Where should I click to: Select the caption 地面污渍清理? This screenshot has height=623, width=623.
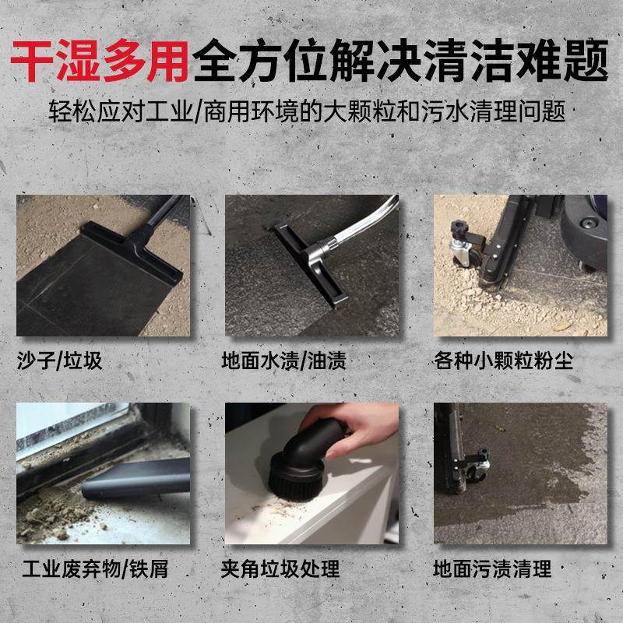(492, 569)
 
